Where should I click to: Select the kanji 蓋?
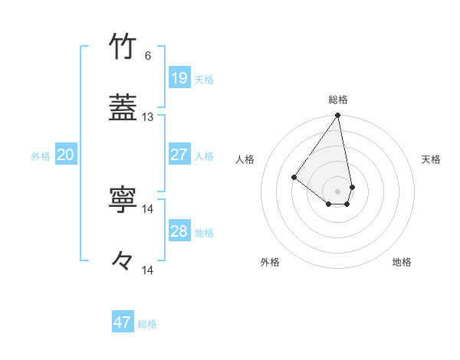point(123,109)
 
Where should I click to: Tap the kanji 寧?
point(123,200)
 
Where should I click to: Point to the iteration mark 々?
point(123,261)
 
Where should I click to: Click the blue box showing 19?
point(179,77)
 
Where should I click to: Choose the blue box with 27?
point(179,154)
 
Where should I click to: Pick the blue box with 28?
point(179,231)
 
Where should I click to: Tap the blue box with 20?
point(65,155)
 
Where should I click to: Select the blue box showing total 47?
point(123,322)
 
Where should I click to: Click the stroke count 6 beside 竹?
point(148,56)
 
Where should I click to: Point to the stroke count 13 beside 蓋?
point(148,117)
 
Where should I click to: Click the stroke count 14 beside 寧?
point(148,208)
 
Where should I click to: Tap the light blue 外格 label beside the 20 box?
point(41,155)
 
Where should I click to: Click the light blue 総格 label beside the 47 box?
point(147,324)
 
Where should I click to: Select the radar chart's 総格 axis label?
point(338,100)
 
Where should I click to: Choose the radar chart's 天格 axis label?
point(432,159)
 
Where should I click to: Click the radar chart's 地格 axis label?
point(402,262)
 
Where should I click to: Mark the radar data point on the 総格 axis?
point(338,116)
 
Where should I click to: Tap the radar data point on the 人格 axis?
point(294,178)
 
